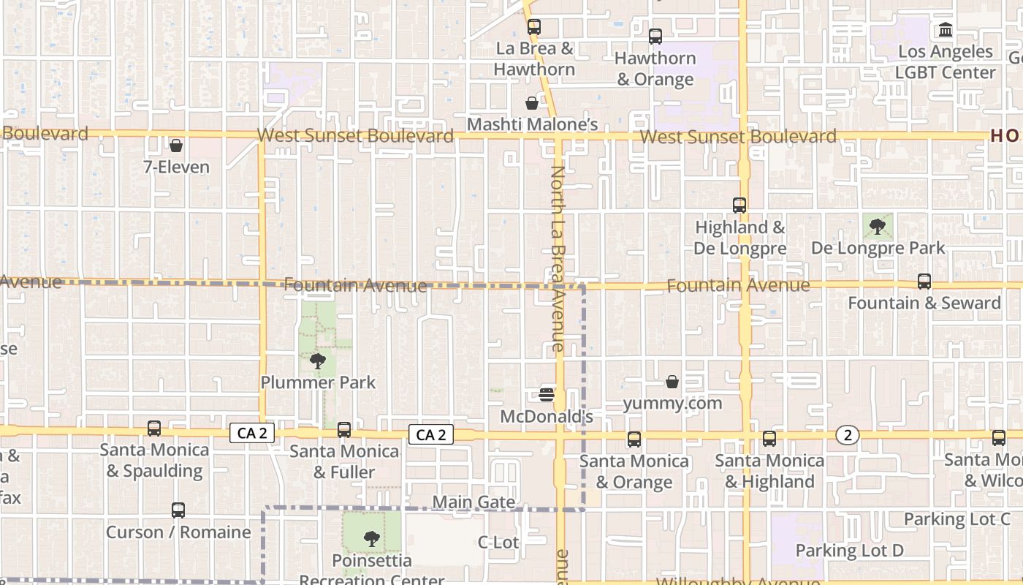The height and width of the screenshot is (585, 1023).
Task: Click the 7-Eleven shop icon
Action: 175,146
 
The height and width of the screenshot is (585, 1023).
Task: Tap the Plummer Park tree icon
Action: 318,361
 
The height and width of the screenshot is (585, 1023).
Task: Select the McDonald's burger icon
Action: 547,395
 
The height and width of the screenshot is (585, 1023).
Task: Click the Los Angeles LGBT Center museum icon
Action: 946,30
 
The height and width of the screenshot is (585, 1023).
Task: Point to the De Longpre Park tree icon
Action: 878,227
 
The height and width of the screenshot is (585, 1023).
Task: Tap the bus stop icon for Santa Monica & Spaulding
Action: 154,429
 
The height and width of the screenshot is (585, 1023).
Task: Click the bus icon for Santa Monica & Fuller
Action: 344,430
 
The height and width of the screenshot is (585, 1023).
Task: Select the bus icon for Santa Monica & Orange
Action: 634,439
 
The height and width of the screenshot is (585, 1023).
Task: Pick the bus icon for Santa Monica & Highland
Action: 769,439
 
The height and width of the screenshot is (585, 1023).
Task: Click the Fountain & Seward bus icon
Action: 924,282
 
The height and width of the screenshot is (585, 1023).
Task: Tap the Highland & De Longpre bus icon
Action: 739,205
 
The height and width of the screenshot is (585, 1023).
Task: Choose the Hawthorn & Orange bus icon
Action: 655,36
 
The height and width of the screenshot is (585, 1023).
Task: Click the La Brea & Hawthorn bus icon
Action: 534,27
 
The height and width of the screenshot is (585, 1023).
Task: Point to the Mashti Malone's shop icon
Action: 532,103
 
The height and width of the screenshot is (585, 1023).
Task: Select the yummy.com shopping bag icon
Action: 672,382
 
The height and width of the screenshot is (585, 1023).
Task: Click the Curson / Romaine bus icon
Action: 178,510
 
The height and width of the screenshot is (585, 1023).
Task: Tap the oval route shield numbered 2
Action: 848,436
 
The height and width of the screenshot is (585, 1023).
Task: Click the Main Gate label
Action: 474,502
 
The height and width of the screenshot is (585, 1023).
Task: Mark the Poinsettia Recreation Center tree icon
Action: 372,540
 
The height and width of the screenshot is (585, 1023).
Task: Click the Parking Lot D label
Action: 849,550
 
